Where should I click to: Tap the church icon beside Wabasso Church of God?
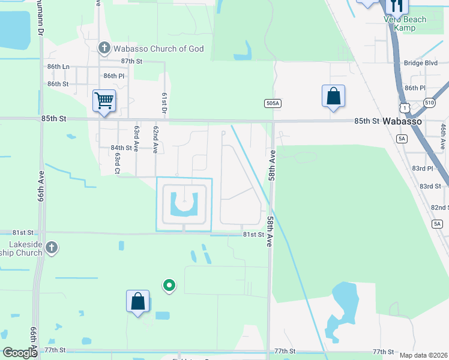tap(104, 48)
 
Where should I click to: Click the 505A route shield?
tap(273, 104)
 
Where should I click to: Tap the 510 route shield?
tap(430, 103)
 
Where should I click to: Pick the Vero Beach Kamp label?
tap(405, 24)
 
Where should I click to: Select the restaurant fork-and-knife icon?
tap(397, 6)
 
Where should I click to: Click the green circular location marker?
tap(170, 286)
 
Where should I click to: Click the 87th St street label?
tap(131, 61)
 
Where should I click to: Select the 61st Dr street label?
tap(163, 103)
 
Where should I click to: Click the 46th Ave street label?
tap(442, 136)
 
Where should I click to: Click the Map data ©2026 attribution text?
tap(423, 355)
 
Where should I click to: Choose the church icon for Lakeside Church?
tap(52, 247)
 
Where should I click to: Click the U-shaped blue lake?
tap(184, 205)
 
